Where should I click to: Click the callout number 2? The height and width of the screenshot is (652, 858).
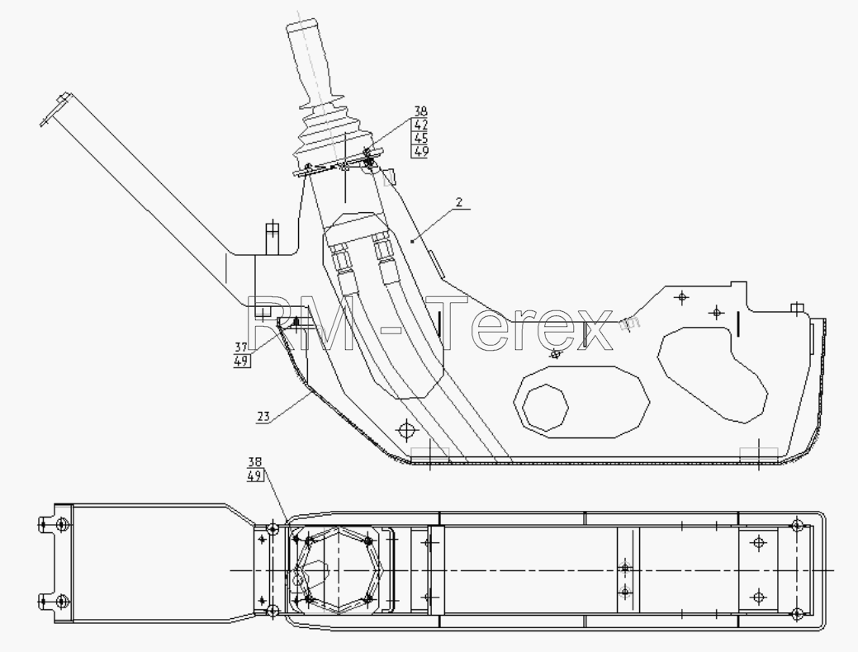click(x=459, y=202)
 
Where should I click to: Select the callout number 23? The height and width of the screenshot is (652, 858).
click(x=263, y=416)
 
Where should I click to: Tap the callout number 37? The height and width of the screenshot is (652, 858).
click(x=241, y=347)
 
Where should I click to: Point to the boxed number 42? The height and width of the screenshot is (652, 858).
click(x=420, y=125)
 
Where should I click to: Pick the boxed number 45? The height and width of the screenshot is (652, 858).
click(x=420, y=138)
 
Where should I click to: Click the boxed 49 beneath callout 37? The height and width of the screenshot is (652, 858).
click(x=242, y=361)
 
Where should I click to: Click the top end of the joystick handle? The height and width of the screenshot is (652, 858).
click(x=301, y=24)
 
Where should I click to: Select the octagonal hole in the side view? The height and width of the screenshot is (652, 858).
click(x=545, y=408)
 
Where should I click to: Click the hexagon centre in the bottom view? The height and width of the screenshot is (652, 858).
click(x=339, y=570)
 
